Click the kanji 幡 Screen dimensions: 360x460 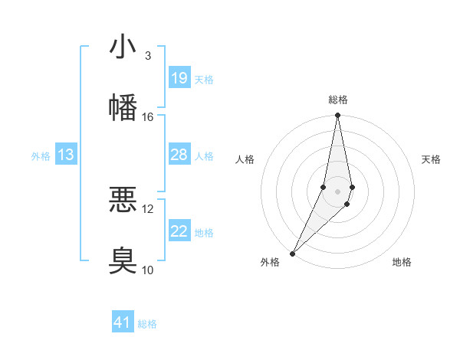click(x=123, y=106)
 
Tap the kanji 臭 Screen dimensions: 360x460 click(x=123, y=259)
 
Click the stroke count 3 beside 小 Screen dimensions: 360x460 click(x=147, y=56)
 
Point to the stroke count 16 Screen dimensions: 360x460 click(x=148, y=116)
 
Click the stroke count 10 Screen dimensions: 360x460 click(x=148, y=269)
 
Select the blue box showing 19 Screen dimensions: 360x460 click(x=179, y=78)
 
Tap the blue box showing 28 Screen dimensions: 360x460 click(x=179, y=155)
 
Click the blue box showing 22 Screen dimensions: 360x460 click(x=179, y=231)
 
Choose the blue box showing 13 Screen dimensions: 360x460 click(x=66, y=155)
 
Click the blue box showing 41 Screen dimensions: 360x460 click(x=123, y=322)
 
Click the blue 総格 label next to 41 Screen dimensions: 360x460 click(x=147, y=324)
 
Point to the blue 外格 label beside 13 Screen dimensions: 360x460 click(x=41, y=156)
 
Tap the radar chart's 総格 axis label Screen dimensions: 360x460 click(x=337, y=100)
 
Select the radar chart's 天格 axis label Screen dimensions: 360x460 click(x=432, y=159)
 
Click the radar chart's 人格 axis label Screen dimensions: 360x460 click(x=245, y=159)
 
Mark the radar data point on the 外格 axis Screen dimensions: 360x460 click(x=293, y=253)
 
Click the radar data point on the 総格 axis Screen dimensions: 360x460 click(x=337, y=116)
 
